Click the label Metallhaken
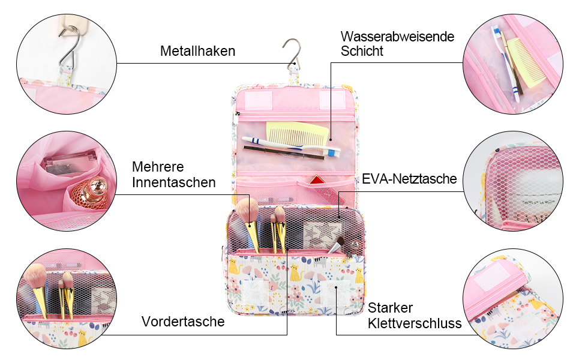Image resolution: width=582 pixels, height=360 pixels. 197,51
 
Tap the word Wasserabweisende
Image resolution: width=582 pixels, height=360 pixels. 397,37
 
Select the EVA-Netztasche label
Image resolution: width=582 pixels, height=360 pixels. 409,179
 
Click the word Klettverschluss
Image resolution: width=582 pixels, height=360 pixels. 415,323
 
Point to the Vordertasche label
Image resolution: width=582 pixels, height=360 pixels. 183,322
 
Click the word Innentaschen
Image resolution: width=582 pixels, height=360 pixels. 174,182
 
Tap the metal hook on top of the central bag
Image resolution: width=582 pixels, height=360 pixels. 292,54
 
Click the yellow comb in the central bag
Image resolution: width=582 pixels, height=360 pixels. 298,134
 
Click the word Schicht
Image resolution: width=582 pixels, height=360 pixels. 362,51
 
